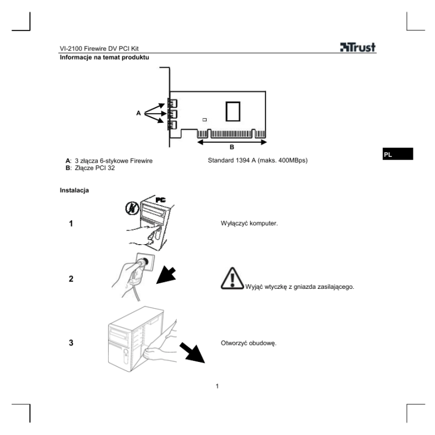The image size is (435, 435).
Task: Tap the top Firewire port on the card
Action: click(x=172, y=104)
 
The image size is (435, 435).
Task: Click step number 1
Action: click(x=71, y=223)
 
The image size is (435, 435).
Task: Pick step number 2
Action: click(x=71, y=279)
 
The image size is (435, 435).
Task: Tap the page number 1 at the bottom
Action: click(x=217, y=388)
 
